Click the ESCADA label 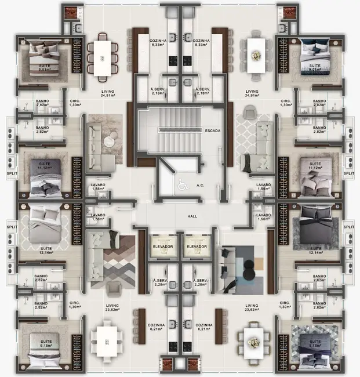212,131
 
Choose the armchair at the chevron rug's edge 114,288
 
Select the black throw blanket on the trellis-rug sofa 248,161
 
